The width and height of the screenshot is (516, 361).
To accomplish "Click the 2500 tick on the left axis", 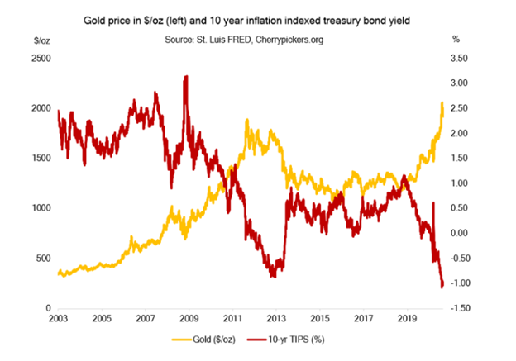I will pos(40,59).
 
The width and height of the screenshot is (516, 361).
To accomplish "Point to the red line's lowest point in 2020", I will pos(442,287).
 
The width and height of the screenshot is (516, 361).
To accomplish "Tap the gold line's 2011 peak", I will pos(246,121).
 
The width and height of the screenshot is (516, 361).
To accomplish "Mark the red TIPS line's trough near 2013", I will pos(273,275).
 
